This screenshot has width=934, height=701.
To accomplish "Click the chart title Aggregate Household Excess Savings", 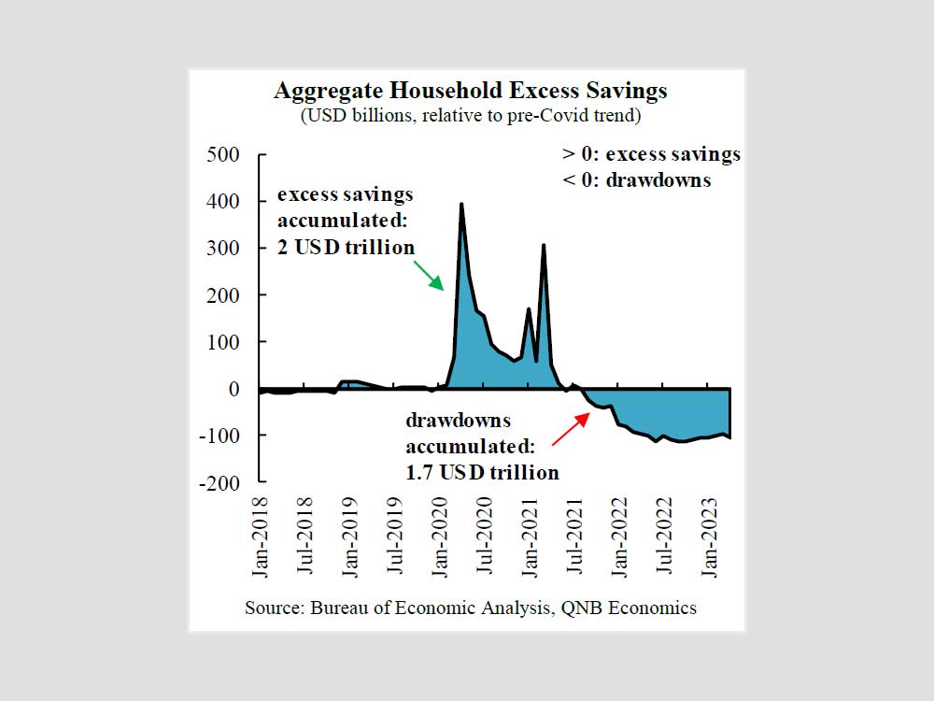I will pyautogui.click(x=471, y=91).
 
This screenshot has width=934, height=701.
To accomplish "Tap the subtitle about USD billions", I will pyautogui.click(x=471, y=117).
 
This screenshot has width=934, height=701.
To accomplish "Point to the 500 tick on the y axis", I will pyautogui.click(x=224, y=154).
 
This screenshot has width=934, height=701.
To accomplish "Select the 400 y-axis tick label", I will pyautogui.click(x=224, y=201).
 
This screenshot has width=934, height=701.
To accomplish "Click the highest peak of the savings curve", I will pyautogui.click(x=461, y=205).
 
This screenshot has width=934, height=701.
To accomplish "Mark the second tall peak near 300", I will pyautogui.click(x=544, y=246).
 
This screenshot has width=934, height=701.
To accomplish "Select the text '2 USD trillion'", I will pyautogui.click(x=347, y=248).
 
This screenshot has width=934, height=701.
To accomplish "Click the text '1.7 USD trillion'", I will pyautogui.click(x=483, y=472).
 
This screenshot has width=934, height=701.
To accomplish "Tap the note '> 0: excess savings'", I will pyautogui.click(x=651, y=154).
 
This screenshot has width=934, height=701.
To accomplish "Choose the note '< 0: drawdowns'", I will pyautogui.click(x=636, y=179).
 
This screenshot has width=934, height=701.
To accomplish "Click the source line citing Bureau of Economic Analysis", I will pyautogui.click(x=471, y=608).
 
